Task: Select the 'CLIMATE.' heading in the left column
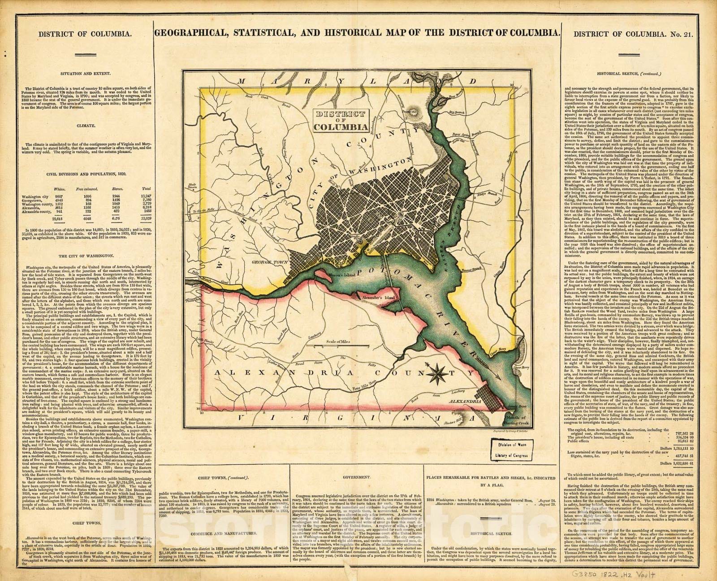click(85, 126)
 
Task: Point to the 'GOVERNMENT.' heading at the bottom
click(357, 479)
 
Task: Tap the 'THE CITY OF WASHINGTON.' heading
click(85, 255)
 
